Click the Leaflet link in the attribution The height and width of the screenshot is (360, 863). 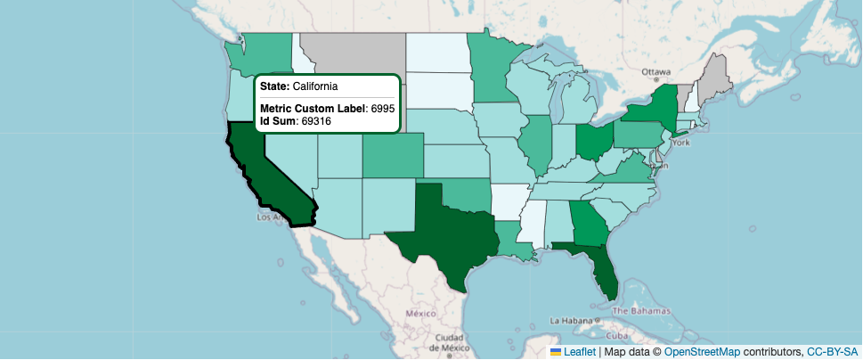click(x=579, y=352)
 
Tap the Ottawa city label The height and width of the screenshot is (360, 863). click(x=655, y=72)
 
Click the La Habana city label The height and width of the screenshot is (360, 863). click(x=571, y=320)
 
